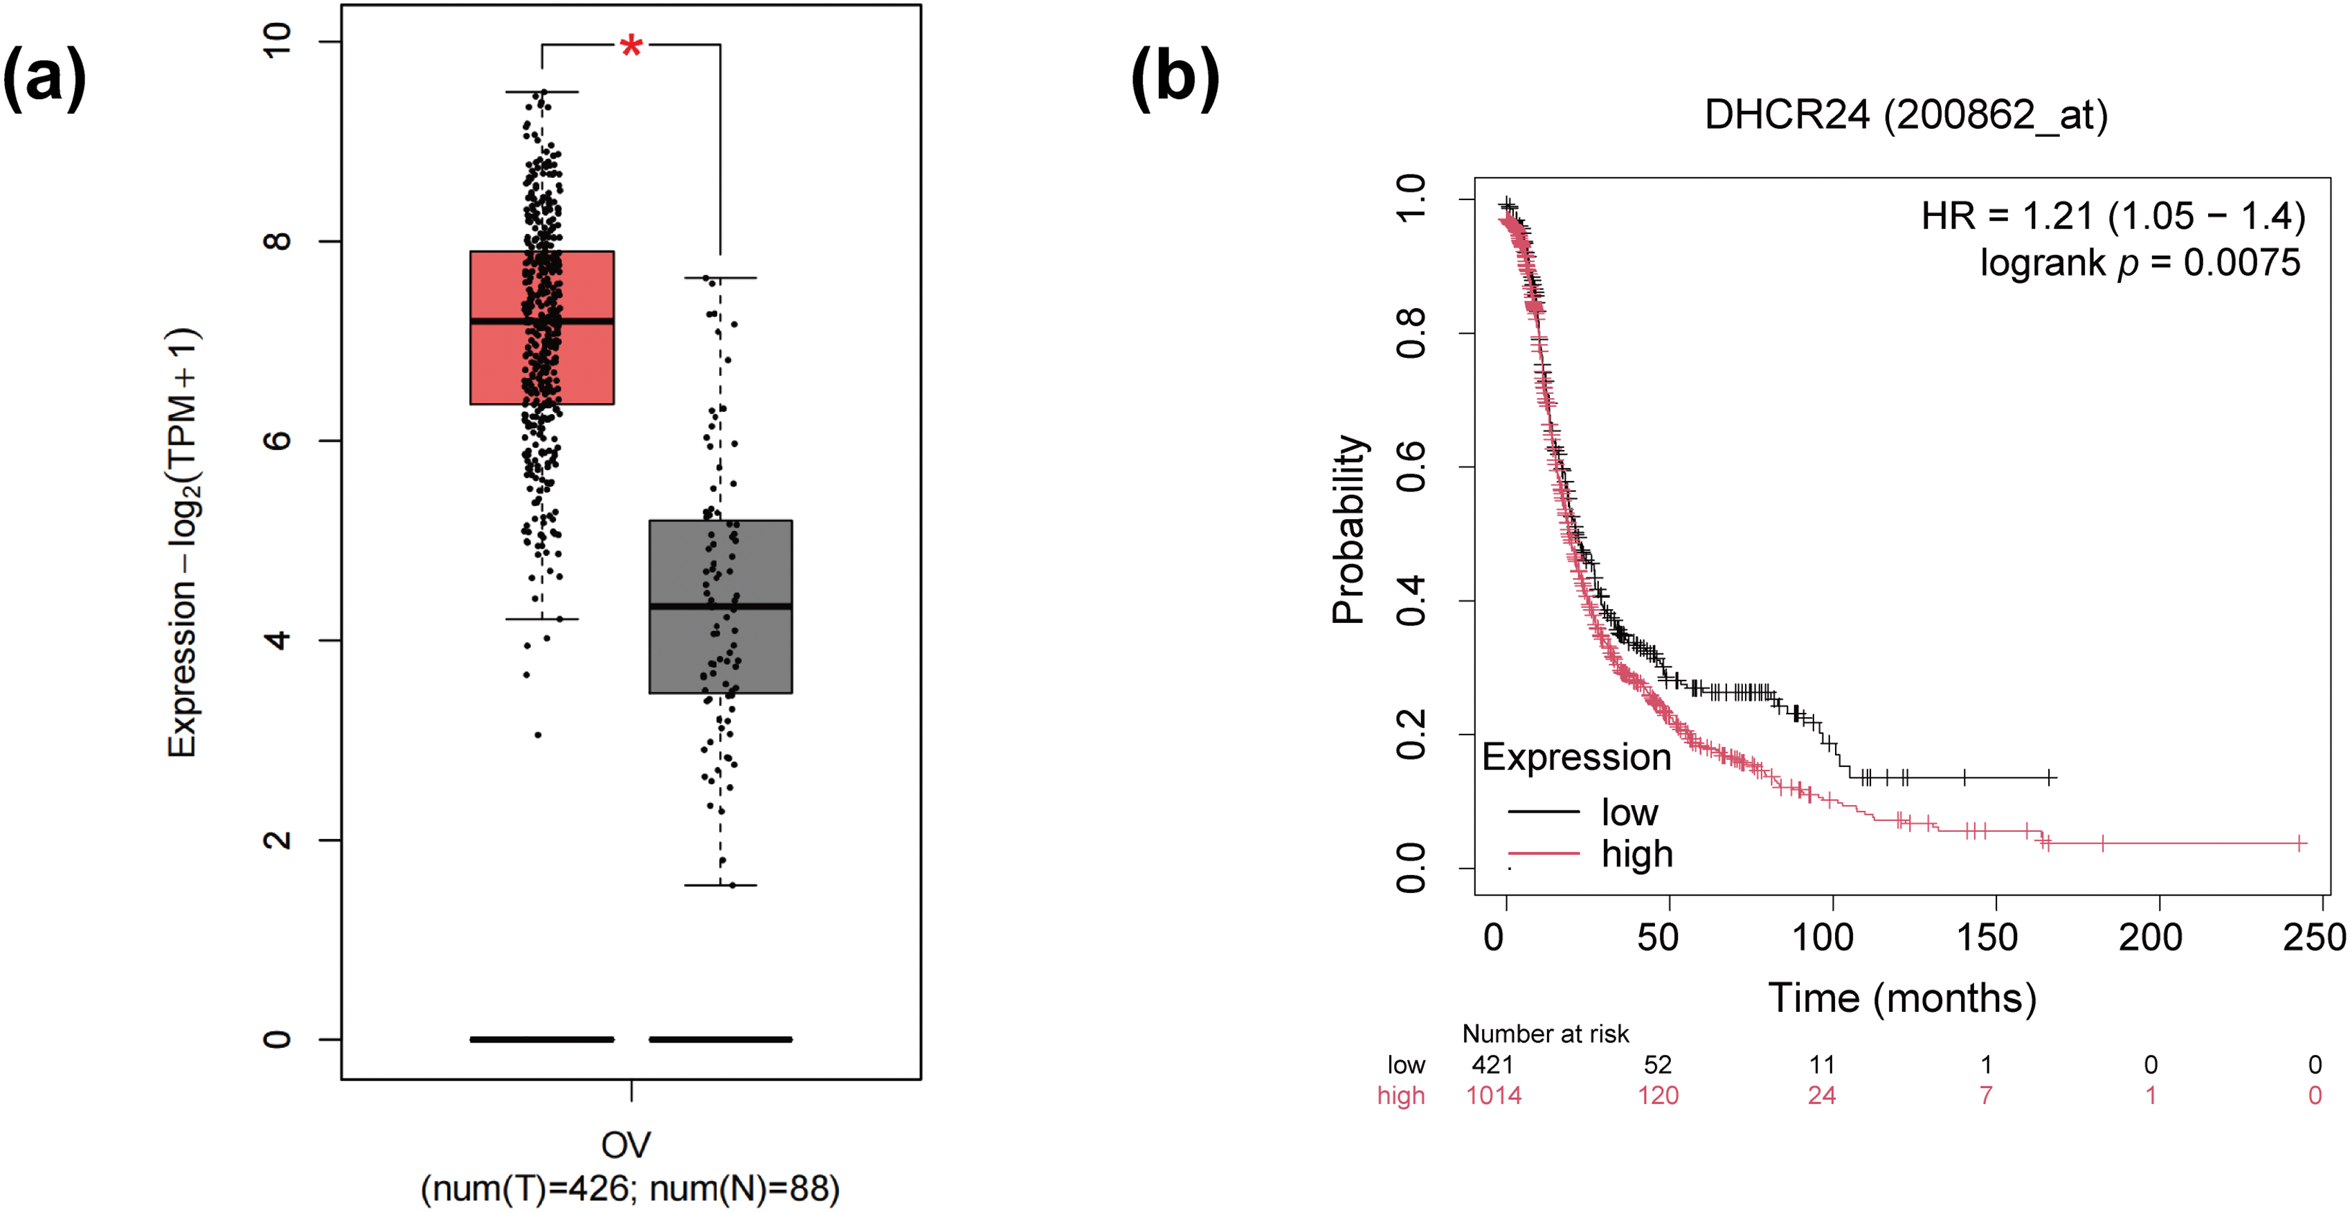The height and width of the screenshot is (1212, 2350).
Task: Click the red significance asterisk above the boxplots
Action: pyautogui.click(x=631, y=46)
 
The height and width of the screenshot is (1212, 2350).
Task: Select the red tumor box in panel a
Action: pyautogui.click(x=497, y=365)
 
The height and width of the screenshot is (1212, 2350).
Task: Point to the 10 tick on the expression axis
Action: pyautogui.click(x=276, y=41)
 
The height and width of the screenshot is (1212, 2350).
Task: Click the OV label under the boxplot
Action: pyautogui.click(x=626, y=1145)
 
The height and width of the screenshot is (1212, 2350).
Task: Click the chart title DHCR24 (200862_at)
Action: pyautogui.click(x=1906, y=116)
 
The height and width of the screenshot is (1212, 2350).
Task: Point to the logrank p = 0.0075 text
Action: pyautogui.click(x=2140, y=262)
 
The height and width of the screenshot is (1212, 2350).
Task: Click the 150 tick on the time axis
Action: pyautogui.click(x=1986, y=937)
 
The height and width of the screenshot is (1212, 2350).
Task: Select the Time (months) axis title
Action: pyautogui.click(x=1902, y=997)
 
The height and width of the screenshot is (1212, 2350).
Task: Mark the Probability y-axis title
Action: pyautogui.click(x=1348, y=529)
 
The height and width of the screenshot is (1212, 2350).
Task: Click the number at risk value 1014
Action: pyautogui.click(x=1493, y=1095)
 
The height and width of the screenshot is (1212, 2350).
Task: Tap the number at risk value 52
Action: pyautogui.click(x=1658, y=1065)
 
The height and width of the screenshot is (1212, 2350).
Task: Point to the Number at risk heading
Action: pyautogui.click(x=1546, y=1033)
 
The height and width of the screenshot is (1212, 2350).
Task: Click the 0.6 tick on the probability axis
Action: pyautogui.click(x=1411, y=467)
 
